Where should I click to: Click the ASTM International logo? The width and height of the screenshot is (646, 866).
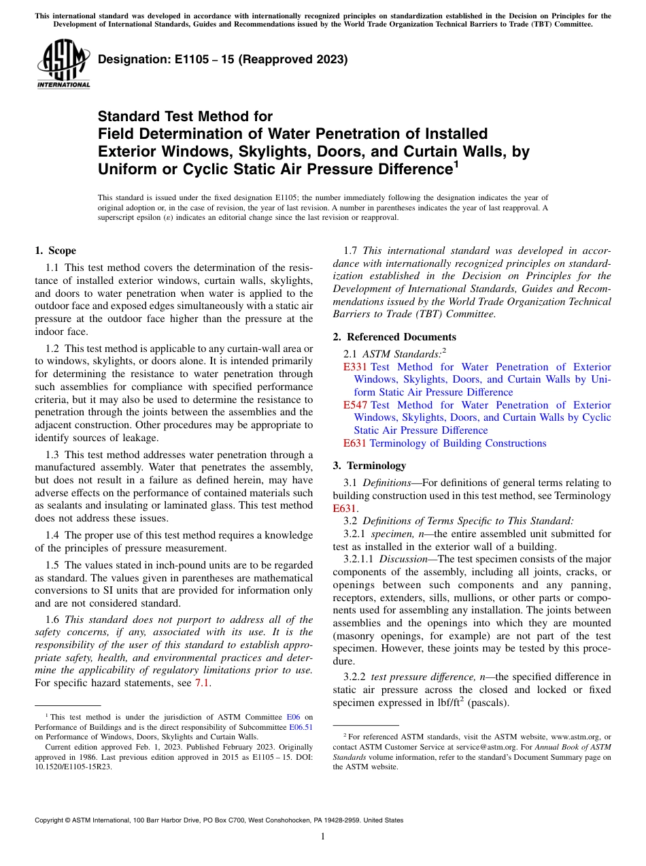click(x=63, y=66)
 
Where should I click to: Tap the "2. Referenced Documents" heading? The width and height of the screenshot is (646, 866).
click(x=394, y=336)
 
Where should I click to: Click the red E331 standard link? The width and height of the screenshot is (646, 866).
click(x=355, y=367)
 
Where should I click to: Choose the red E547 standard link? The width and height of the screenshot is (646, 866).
click(x=355, y=405)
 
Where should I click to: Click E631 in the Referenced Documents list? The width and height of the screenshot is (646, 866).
click(x=355, y=443)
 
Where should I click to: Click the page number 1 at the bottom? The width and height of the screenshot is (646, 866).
click(x=323, y=836)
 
